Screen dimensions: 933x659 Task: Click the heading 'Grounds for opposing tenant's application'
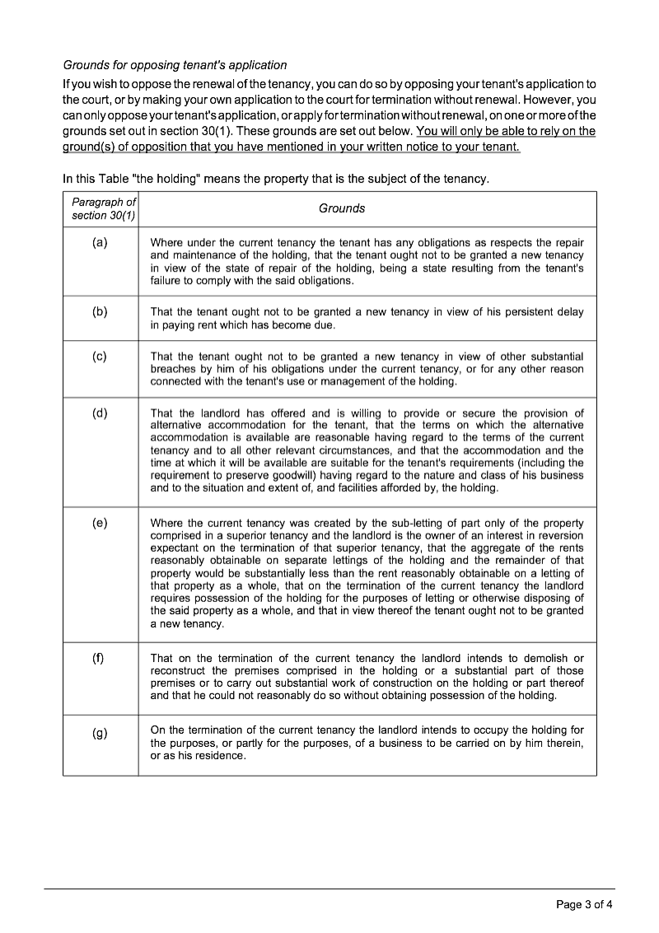[175, 65]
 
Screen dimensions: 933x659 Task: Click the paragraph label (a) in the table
[100, 243]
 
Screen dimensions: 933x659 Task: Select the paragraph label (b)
[100, 312]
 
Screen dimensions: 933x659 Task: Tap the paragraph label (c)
[100, 357]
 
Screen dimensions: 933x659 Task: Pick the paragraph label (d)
[100, 413]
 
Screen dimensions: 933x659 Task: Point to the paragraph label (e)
[100, 523]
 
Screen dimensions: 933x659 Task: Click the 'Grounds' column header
[342, 208]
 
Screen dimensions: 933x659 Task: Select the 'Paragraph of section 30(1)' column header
[100, 208]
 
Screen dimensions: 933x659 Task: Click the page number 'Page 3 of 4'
[584, 905]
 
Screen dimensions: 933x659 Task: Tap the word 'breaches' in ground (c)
[175, 369]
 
